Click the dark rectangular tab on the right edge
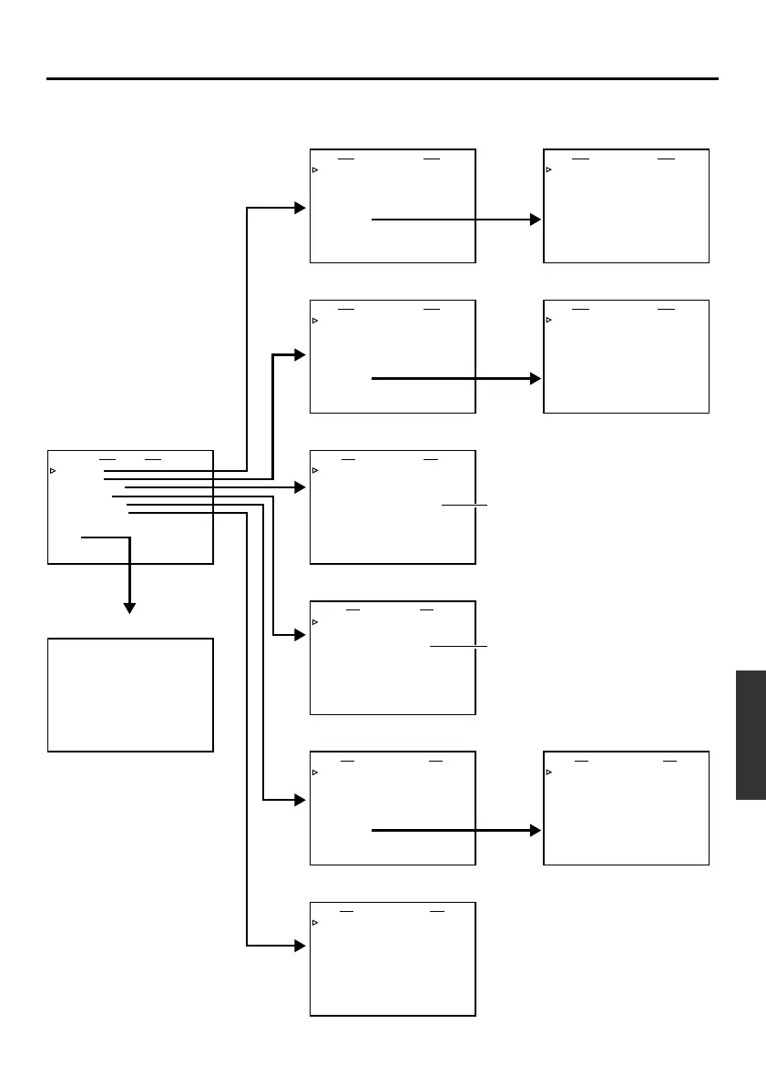click(x=751, y=735)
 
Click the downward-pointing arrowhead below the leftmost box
click(x=129, y=607)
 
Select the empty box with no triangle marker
click(x=130, y=694)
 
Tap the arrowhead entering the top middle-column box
click(x=300, y=208)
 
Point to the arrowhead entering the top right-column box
click(x=535, y=220)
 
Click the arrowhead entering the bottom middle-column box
click(x=300, y=946)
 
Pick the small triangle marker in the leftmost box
click(x=53, y=471)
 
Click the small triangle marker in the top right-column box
click(x=548, y=169)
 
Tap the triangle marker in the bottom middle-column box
click(x=315, y=923)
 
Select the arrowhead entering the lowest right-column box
click(x=535, y=831)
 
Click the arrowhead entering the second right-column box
click(x=535, y=378)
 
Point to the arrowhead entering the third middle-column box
click(x=300, y=488)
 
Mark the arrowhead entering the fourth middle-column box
click(x=300, y=635)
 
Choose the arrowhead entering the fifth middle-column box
click(x=300, y=801)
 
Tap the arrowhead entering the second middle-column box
click(x=300, y=355)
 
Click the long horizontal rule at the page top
click(x=383, y=79)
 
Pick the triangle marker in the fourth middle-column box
click(x=315, y=622)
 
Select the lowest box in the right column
click(x=626, y=808)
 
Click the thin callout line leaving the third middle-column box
click(x=465, y=505)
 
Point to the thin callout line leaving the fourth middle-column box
click(x=459, y=646)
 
